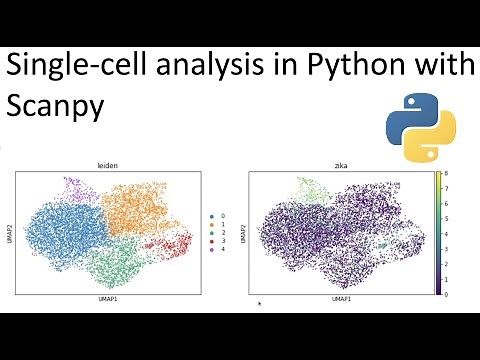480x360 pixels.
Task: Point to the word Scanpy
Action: [56, 107]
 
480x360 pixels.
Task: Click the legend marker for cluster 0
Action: [212, 215]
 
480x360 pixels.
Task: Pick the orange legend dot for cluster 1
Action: [212, 225]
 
